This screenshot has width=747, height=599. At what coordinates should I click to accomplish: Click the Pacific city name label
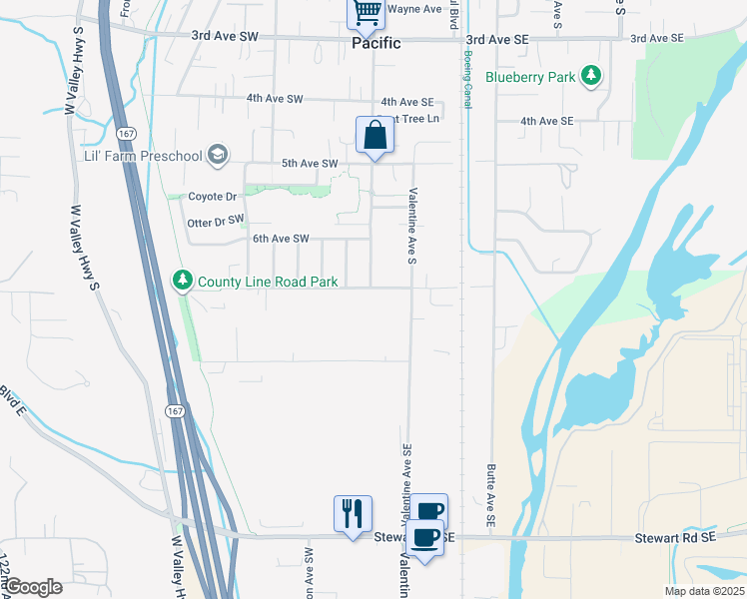click(376, 44)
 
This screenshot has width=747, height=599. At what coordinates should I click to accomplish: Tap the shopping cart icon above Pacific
click(367, 13)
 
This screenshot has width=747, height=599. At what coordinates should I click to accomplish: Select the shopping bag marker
click(374, 135)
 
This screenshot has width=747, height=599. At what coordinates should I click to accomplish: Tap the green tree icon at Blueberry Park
click(592, 75)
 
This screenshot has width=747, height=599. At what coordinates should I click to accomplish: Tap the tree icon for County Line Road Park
click(182, 281)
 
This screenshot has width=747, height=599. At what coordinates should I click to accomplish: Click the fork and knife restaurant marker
click(353, 513)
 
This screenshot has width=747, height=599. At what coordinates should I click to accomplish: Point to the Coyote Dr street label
click(212, 197)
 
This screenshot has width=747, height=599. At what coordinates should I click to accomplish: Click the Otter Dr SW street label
click(216, 221)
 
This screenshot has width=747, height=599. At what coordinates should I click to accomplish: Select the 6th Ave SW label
click(281, 239)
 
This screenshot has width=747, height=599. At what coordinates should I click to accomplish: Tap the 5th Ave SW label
click(310, 163)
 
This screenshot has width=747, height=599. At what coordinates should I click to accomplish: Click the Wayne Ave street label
click(414, 9)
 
